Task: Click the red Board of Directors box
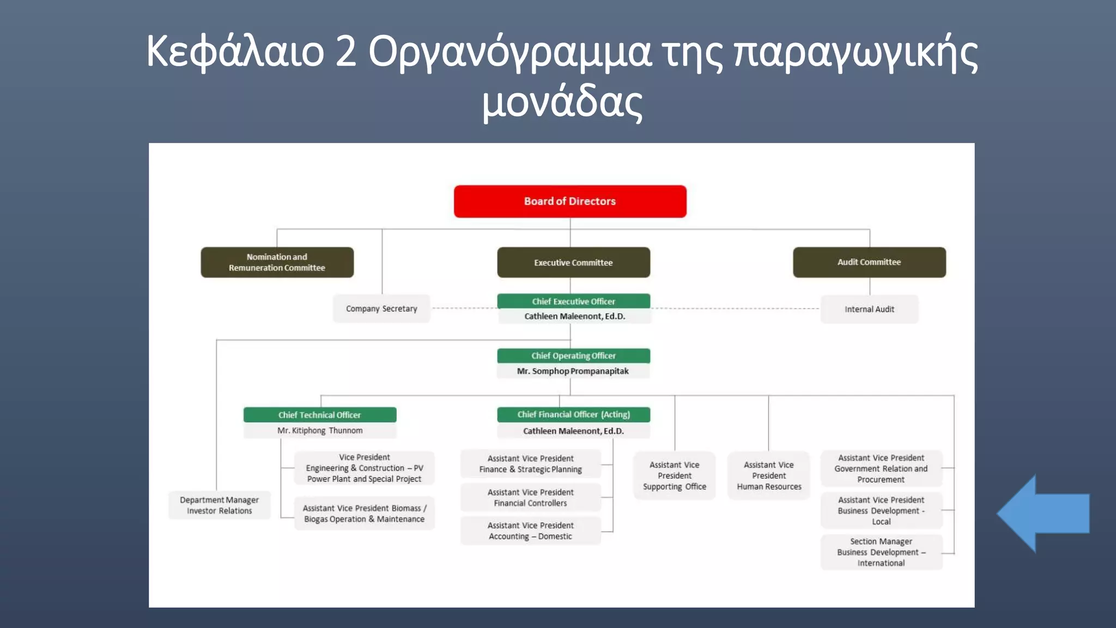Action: (570, 201)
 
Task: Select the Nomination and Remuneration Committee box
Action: (277, 262)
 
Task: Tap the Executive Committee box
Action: (573, 262)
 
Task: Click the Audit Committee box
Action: (869, 262)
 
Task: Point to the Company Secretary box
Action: (381, 309)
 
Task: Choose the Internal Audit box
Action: (869, 309)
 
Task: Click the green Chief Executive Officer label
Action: (573, 301)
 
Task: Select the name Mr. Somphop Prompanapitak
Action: (573, 371)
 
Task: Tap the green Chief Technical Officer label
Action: (320, 415)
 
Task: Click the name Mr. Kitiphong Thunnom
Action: (320, 431)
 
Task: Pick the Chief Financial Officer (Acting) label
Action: (573, 414)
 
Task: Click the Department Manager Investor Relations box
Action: (219, 505)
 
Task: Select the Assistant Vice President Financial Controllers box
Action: (530, 498)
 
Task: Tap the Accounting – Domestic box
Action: (530, 531)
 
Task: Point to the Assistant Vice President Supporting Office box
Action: (674, 475)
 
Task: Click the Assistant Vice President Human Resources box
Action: (769, 475)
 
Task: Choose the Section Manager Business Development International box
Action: (881, 552)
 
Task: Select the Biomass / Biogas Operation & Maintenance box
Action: (364, 514)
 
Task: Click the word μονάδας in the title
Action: (562, 102)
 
